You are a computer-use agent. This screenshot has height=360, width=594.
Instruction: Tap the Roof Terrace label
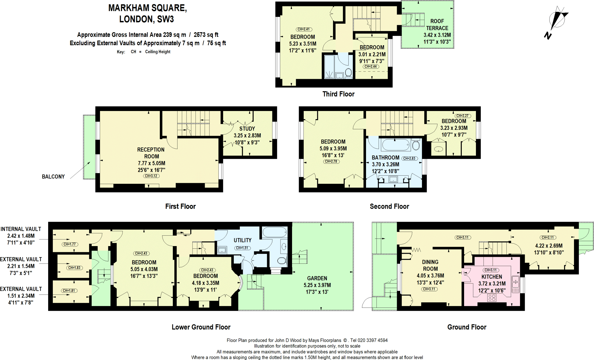click(437, 25)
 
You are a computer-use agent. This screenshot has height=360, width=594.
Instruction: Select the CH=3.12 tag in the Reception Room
click(151, 176)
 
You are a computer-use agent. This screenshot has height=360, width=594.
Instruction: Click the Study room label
click(247, 129)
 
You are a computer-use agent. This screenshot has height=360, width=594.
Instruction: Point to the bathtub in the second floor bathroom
click(396, 145)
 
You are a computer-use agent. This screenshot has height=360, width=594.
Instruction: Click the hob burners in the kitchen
click(492, 298)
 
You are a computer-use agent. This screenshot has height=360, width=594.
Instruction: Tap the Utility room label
click(242, 240)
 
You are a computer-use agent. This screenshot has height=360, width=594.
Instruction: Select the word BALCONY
click(53, 177)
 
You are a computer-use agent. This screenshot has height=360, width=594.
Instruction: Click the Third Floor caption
click(338, 94)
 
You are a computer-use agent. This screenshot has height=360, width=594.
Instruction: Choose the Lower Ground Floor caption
click(201, 327)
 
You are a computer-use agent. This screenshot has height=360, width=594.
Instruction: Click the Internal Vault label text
click(21, 229)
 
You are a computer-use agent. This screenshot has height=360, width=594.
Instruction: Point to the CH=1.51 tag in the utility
click(242, 248)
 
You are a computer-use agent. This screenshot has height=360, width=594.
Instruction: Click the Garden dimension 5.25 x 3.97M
click(317, 285)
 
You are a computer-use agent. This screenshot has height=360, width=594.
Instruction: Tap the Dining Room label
click(430, 265)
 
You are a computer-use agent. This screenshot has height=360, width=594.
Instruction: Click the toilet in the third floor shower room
click(348, 72)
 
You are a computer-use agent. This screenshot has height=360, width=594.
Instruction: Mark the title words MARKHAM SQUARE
click(147, 8)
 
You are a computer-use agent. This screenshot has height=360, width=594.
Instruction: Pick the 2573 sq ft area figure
click(206, 35)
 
